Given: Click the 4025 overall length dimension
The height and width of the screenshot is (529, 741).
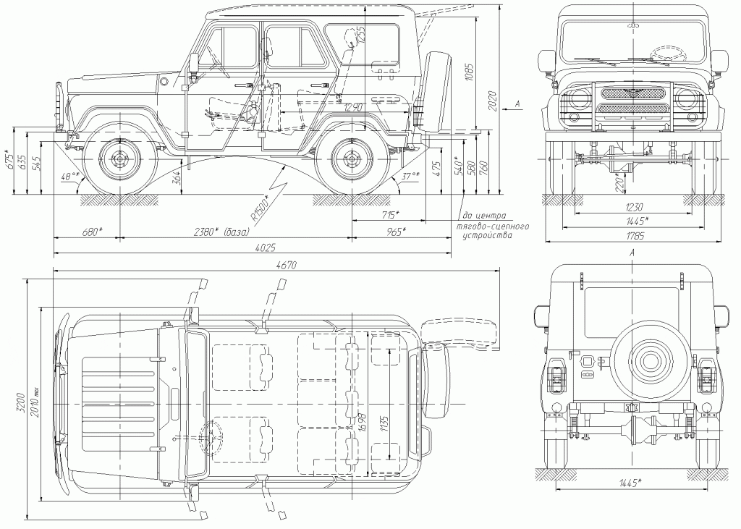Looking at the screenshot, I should click(265, 248).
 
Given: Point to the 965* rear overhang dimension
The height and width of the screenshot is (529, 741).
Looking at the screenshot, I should click(395, 232).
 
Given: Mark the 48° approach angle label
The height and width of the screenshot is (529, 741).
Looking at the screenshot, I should click(69, 176).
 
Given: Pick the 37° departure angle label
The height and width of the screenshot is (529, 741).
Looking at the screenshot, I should click(411, 176).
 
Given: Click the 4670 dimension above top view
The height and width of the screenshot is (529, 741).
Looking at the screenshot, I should click(287, 266).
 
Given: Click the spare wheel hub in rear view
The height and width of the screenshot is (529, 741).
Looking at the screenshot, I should click(649, 360).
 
